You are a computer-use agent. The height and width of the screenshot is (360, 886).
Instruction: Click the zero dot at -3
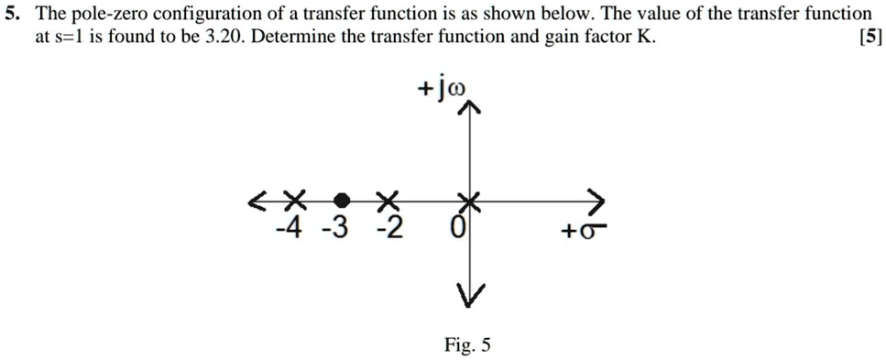[x=341, y=200]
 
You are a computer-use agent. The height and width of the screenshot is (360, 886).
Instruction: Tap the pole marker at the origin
[x=469, y=200]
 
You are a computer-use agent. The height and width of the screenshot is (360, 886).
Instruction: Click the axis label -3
[x=340, y=226]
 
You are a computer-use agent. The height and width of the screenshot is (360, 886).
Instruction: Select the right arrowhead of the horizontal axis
[x=596, y=200]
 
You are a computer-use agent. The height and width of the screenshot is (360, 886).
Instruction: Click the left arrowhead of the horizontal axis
[x=257, y=201]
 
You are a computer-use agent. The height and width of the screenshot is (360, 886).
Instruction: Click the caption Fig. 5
[x=467, y=345]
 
